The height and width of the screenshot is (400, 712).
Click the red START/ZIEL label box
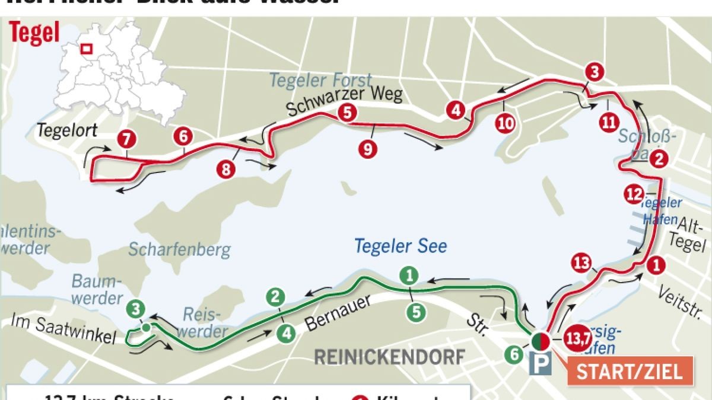(630, 372)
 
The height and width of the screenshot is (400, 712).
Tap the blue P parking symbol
(541, 364)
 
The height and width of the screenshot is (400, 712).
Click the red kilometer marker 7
(126, 140)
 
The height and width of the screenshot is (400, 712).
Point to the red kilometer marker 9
(368, 149)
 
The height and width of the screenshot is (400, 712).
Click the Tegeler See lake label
(401, 246)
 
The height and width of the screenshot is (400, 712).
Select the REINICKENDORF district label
(389, 357)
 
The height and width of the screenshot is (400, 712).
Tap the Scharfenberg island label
(179, 249)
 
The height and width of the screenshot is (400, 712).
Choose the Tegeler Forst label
(320, 80)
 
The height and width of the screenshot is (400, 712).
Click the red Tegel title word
(34, 33)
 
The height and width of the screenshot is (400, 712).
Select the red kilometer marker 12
(634, 194)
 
